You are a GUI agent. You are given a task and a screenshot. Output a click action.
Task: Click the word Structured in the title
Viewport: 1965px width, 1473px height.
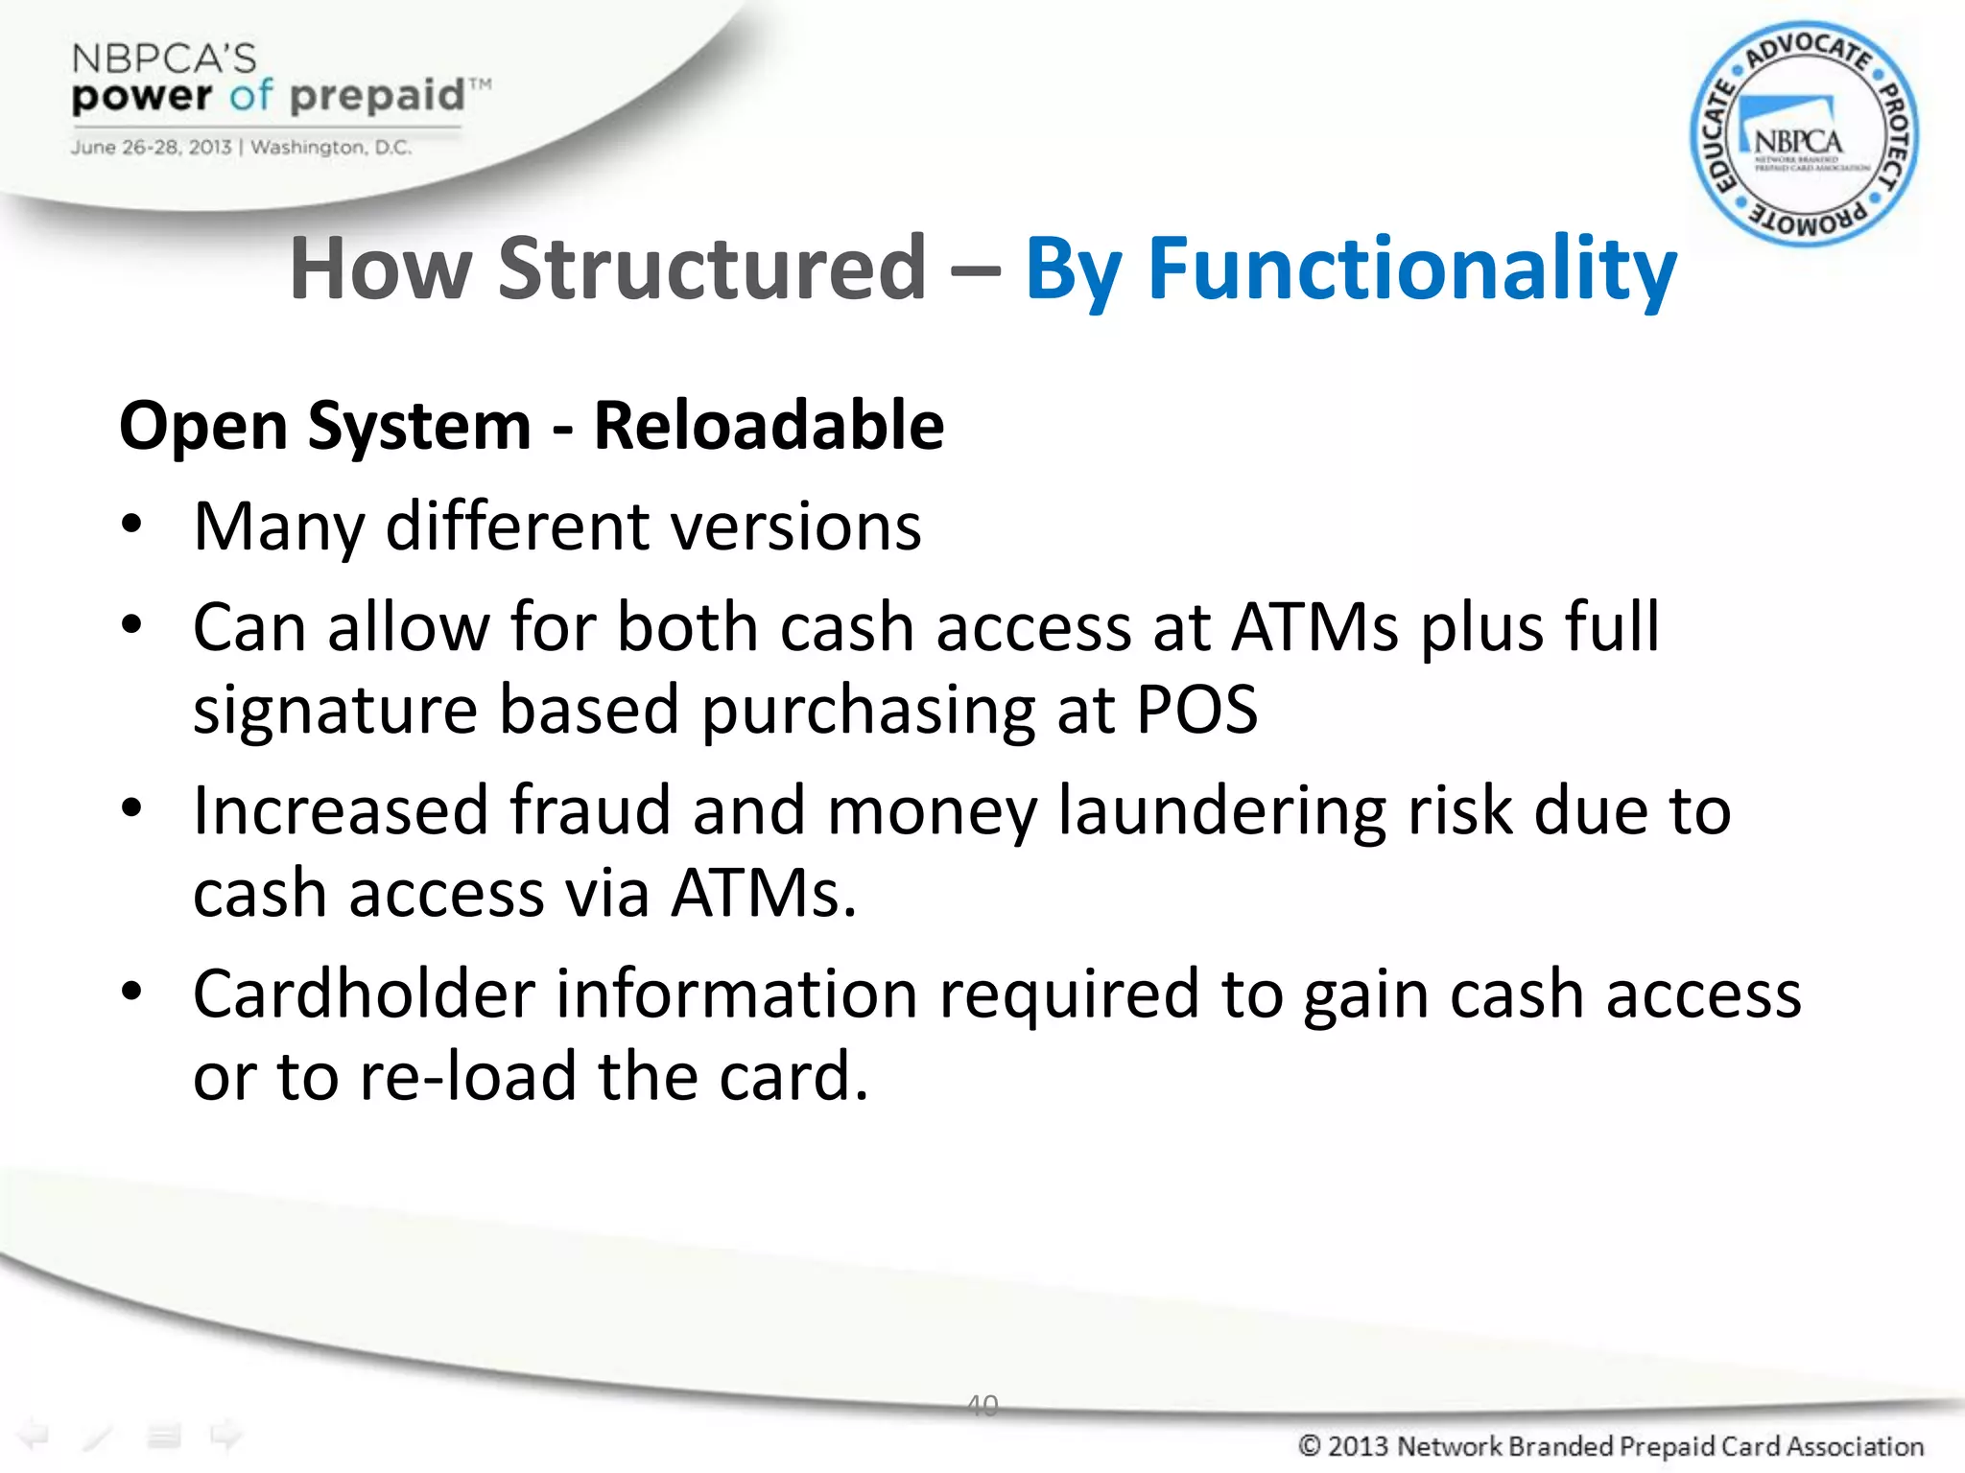click(x=712, y=269)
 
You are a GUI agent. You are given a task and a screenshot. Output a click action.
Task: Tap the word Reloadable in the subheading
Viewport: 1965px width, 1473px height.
click(x=769, y=425)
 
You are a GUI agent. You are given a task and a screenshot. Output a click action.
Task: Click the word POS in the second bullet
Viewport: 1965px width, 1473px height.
click(x=1196, y=710)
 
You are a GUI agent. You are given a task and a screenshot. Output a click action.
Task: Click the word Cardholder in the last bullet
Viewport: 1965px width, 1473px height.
click(x=364, y=994)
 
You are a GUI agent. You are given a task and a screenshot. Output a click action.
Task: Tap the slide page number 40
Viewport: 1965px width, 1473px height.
click(x=982, y=1405)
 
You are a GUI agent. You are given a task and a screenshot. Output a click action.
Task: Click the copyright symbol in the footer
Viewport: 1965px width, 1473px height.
click(x=1309, y=1445)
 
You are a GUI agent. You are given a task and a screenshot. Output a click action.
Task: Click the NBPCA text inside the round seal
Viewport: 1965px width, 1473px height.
click(x=1798, y=142)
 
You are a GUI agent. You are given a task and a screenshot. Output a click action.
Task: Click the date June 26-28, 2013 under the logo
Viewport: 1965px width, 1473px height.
click(x=151, y=148)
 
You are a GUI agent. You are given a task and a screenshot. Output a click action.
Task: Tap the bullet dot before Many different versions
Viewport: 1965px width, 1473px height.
click(x=131, y=525)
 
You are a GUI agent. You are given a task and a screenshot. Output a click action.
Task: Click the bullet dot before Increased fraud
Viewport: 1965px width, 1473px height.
click(x=131, y=807)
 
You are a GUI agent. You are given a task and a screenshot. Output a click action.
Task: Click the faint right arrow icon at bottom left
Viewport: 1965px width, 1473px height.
click(x=225, y=1435)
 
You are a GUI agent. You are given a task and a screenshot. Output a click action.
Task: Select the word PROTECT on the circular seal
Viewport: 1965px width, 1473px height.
click(x=1893, y=134)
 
